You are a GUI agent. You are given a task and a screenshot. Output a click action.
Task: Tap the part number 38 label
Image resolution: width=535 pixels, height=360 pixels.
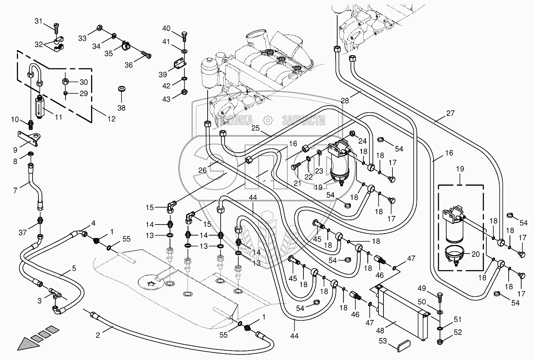click(x=121, y=108)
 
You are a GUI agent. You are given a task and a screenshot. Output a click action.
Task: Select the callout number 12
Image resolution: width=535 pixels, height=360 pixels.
click(x=111, y=119)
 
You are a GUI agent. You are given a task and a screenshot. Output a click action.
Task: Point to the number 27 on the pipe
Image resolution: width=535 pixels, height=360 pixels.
click(x=450, y=113)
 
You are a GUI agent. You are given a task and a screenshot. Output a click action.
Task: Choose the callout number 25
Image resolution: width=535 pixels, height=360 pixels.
click(x=256, y=128)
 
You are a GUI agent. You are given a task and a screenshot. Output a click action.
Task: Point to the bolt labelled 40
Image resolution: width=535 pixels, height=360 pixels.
click(x=184, y=35)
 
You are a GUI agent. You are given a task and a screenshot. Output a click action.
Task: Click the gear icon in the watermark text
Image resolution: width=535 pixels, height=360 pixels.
click(x=267, y=120)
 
